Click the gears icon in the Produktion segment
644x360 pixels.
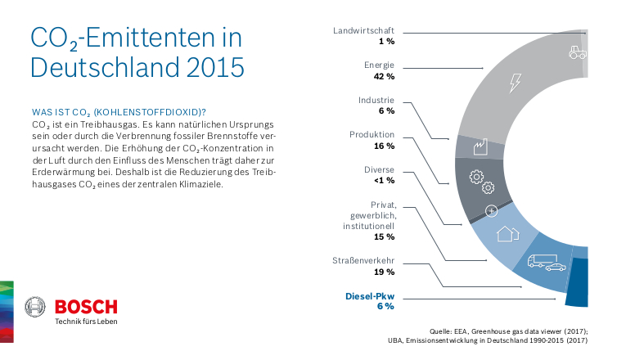point(475,178)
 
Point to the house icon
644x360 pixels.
point(508,232)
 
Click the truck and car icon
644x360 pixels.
point(547,263)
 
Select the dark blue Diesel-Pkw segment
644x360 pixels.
point(578,283)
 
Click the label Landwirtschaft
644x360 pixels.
point(363,30)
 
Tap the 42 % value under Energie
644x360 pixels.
point(385,76)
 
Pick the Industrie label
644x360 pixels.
point(376,100)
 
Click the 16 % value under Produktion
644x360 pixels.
point(385,146)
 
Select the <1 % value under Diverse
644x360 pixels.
point(384,180)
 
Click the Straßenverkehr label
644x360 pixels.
point(363,261)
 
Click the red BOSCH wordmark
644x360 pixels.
point(86,307)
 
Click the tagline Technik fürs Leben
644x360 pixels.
point(86,322)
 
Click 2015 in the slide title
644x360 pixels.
point(216,65)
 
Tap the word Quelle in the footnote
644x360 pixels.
point(442,331)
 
